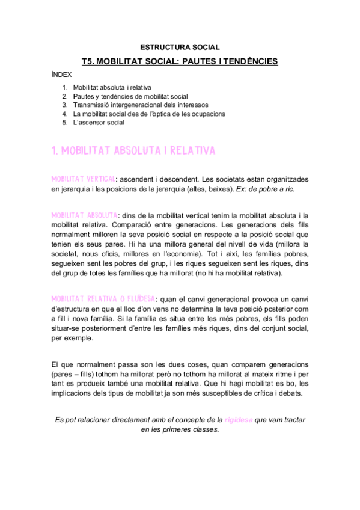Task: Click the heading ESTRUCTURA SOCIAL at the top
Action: click(180, 46)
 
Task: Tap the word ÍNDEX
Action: click(62, 75)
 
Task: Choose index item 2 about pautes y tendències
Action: click(130, 96)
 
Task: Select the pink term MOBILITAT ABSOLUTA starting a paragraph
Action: click(85, 215)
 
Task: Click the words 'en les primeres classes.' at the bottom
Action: click(180, 429)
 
